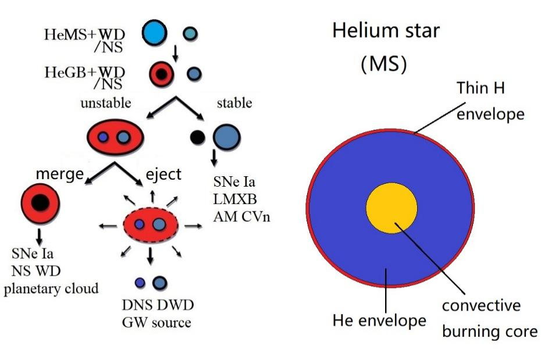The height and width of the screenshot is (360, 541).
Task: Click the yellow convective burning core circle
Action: [391, 208]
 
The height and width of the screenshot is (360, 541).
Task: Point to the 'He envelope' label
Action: [379, 319]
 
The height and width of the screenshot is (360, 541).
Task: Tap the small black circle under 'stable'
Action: [198, 137]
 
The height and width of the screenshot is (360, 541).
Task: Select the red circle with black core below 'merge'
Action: [40, 203]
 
